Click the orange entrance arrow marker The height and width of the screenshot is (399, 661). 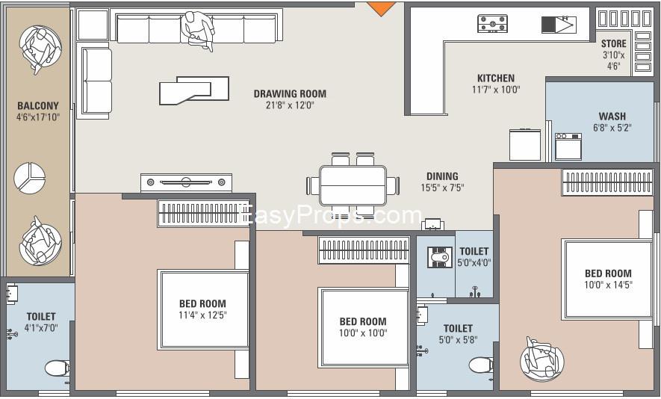tap(381, 8)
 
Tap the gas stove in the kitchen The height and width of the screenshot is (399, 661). tap(492, 23)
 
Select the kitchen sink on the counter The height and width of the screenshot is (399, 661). tap(559, 25)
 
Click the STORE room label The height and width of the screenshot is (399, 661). tap(613, 43)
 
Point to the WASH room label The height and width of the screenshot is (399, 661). tap(612, 116)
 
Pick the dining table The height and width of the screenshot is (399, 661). tap(353, 185)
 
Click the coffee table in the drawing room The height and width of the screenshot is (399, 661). tap(194, 90)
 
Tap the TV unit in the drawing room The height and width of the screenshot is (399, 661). tap(186, 182)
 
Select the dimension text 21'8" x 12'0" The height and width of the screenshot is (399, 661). tap(290, 105)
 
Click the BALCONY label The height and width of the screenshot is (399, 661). tap(38, 105)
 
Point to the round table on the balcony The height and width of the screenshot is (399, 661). tap(30, 178)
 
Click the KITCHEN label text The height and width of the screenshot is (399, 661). tap(496, 78)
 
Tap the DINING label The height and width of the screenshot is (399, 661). tap(442, 176)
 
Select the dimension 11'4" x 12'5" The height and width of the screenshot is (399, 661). tap(202, 315)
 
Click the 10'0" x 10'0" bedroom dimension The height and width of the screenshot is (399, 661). tap(363, 332)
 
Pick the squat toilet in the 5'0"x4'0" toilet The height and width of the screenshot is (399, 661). tap(440, 256)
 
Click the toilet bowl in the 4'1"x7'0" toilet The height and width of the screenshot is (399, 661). tap(57, 368)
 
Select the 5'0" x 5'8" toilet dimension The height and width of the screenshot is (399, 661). tap(458, 339)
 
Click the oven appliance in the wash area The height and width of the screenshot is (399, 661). tap(568, 146)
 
